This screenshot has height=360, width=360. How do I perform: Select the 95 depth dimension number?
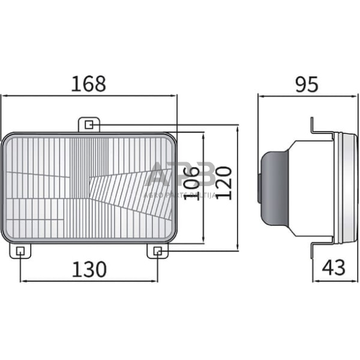(x=307, y=83)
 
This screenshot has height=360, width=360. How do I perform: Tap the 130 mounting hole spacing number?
(x=89, y=269)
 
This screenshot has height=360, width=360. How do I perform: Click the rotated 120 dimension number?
(x=223, y=183)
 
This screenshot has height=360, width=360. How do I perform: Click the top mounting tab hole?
(x=89, y=125)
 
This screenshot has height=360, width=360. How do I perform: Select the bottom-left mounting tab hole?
(x=21, y=250)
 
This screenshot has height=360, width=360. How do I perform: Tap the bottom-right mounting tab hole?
(x=157, y=250)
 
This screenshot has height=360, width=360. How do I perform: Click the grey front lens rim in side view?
(x=350, y=187)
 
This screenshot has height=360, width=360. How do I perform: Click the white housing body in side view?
(x=309, y=187)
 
